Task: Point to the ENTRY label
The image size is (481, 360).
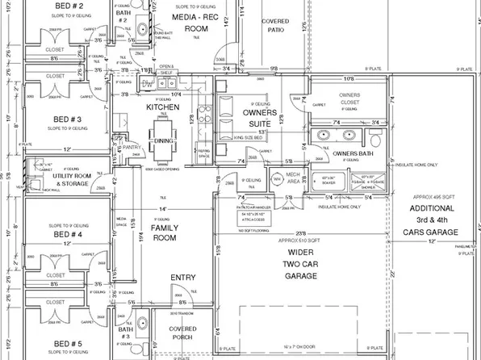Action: pyautogui.click(x=183, y=278)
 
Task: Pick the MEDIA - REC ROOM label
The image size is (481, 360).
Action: pyautogui.click(x=195, y=22)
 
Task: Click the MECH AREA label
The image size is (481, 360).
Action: pyautogui.click(x=293, y=180)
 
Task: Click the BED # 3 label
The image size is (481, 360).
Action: pyautogui.click(x=63, y=119)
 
